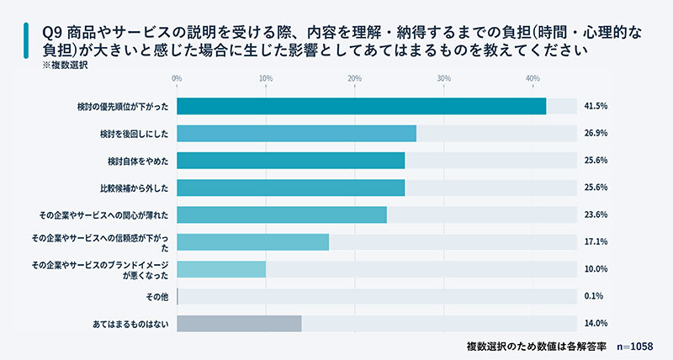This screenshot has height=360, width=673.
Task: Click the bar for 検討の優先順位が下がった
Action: [362, 107]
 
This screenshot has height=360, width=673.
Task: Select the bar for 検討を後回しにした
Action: [297, 134]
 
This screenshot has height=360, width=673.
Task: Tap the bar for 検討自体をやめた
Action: [291, 161]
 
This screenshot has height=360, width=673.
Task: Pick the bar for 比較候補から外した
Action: [291, 188]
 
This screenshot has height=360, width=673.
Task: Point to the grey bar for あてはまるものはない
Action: [239, 323]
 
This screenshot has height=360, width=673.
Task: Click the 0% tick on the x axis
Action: [177, 79]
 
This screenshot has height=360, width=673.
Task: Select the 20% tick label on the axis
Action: [354, 79]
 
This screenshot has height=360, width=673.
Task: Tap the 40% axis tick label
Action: [533, 79]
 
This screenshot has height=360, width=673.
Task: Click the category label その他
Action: [157, 296]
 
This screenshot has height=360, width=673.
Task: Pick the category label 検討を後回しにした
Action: [135, 134]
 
